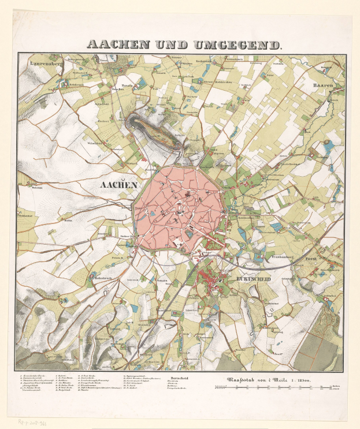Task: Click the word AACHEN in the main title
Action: pos(112,44)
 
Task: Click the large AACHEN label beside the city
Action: pos(118,185)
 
